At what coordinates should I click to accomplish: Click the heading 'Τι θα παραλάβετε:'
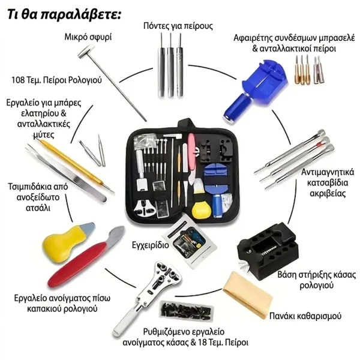point(64,14)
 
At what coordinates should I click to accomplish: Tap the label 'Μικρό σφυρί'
point(88,37)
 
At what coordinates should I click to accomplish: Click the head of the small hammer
point(86,51)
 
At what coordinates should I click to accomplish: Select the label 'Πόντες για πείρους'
point(178,25)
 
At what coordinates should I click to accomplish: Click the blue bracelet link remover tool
point(255,89)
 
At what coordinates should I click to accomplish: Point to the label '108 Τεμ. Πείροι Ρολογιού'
point(56,80)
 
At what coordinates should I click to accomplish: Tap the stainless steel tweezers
point(65,172)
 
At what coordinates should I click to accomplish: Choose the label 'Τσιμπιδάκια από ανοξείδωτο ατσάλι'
point(38,197)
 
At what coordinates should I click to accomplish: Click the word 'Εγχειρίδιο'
point(151,245)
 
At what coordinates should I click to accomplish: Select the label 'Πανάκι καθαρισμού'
point(305,316)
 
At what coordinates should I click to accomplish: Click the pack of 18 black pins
point(187,311)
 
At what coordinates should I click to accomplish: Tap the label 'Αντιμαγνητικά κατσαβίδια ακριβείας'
point(328,183)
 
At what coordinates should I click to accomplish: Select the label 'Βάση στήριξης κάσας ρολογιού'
point(316,280)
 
